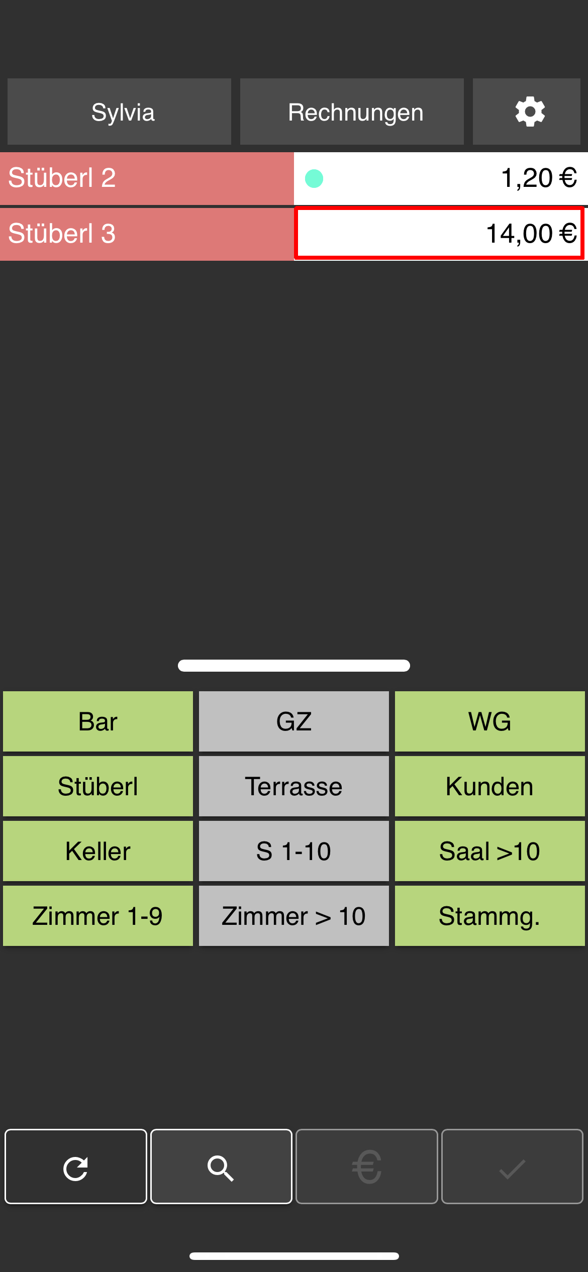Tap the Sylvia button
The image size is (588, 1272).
pos(119,112)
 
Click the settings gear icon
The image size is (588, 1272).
pos(530,112)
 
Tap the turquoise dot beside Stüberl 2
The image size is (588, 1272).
pos(314,178)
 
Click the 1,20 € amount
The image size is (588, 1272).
pos(539,178)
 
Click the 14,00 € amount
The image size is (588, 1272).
pos(531,234)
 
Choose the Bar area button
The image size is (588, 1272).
pos(98,721)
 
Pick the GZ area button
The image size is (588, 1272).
pos(294,721)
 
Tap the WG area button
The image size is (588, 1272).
pos(490,721)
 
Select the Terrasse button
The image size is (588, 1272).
pos(294,786)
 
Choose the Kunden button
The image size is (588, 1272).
pos(490,786)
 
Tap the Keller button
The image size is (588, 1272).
pos(98,851)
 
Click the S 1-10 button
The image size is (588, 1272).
pos(294,851)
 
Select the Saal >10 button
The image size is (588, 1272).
pos(490,851)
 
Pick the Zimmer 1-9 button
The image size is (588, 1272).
pos(98,916)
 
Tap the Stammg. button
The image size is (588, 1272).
pos(490,916)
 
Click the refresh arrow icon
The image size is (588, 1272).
pos(76,1167)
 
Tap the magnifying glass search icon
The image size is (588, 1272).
pos(221,1167)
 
